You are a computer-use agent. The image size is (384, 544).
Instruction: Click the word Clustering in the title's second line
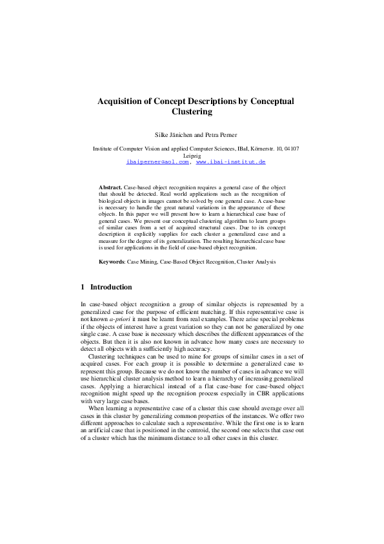(192, 112)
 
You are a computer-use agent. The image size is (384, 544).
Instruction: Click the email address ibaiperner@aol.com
(158, 162)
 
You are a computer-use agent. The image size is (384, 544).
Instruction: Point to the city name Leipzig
(192, 156)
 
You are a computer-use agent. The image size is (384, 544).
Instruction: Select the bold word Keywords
(111, 262)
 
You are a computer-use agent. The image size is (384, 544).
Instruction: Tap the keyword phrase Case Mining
(142, 262)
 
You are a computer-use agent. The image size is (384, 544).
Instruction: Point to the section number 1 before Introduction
(83, 287)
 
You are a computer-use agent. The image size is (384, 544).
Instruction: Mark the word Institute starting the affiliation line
(105, 149)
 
